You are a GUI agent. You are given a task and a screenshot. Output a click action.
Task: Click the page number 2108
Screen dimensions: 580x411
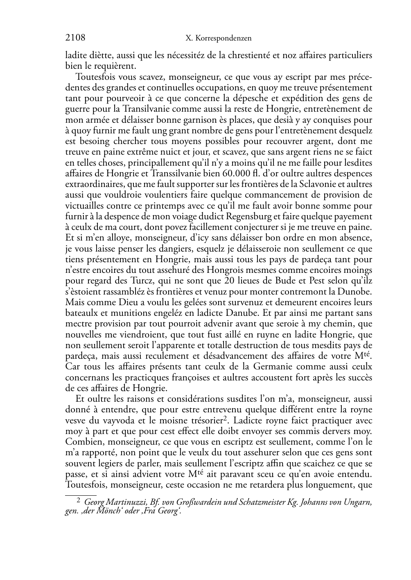point(75,38)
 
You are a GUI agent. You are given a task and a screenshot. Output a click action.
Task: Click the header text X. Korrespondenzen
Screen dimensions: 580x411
point(218,38)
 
